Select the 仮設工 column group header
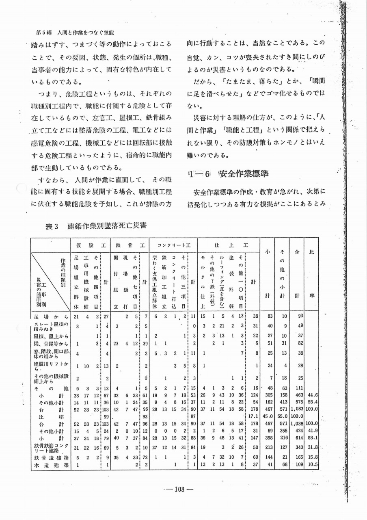click(x=90, y=245)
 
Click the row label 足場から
click(x=50, y=316)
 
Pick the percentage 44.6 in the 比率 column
click(x=312, y=394)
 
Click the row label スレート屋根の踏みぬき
click(x=50, y=326)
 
